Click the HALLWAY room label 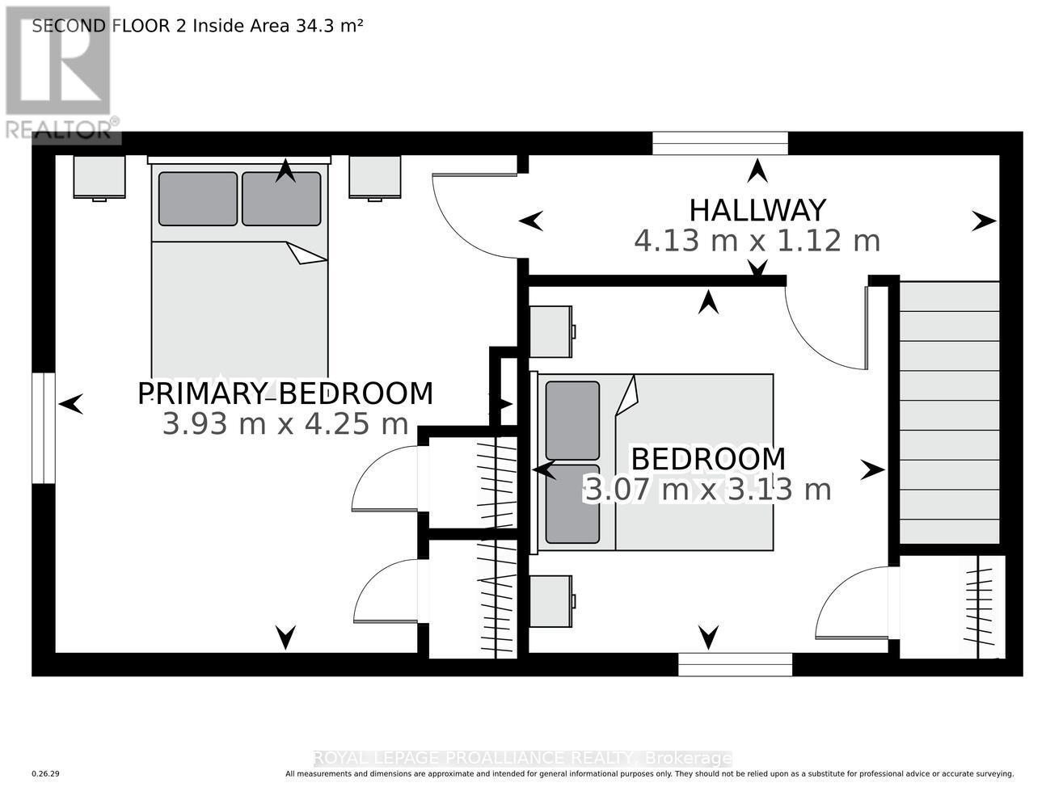click(x=757, y=210)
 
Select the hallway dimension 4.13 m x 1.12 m click(x=757, y=241)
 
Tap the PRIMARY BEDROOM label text click(x=285, y=393)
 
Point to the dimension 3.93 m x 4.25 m click(x=285, y=423)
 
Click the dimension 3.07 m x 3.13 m click(x=707, y=490)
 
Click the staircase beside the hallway click(x=949, y=412)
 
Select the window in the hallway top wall click(x=720, y=143)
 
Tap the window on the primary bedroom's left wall click(x=44, y=428)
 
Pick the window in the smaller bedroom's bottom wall click(x=735, y=664)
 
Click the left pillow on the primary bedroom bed click(x=198, y=199)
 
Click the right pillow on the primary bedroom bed click(x=281, y=199)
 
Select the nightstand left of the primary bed click(x=99, y=177)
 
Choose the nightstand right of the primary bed click(x=375, y=177)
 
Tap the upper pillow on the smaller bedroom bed click(x=572, y=420)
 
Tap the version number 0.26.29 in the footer click(x=46, y=774)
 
